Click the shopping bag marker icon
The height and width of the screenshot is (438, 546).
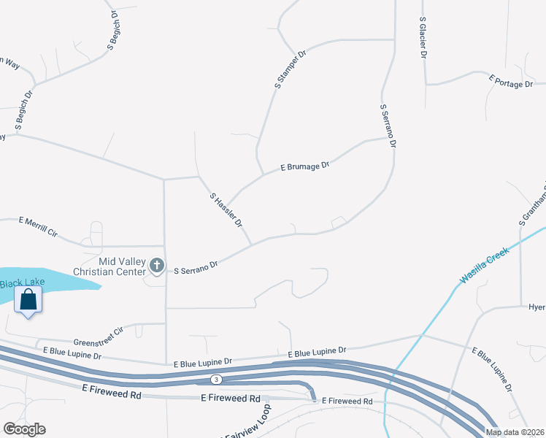(x=28, y=300)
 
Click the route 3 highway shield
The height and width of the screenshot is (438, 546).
(x=216, y=380)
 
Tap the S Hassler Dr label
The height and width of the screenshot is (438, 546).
(x=226, y=210)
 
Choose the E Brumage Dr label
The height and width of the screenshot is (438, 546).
(x=305, y=166)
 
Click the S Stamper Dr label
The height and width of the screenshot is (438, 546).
(x=290, y=70)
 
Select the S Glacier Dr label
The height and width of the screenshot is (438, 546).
(x=423, y=39)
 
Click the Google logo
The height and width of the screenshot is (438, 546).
(x=24, y=429)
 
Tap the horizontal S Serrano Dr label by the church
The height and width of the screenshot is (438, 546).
(x=196, y=268)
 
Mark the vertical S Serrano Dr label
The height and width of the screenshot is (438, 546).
(x=388, y=126)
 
